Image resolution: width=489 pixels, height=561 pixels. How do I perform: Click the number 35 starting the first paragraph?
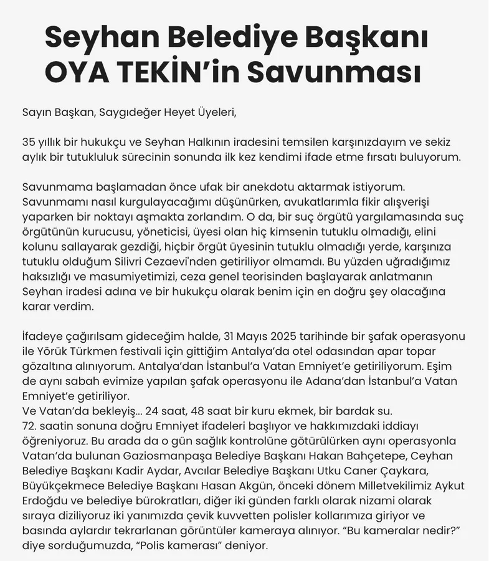[x=29, y=141]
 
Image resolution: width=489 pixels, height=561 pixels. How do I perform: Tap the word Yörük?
[x=57, y=352]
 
